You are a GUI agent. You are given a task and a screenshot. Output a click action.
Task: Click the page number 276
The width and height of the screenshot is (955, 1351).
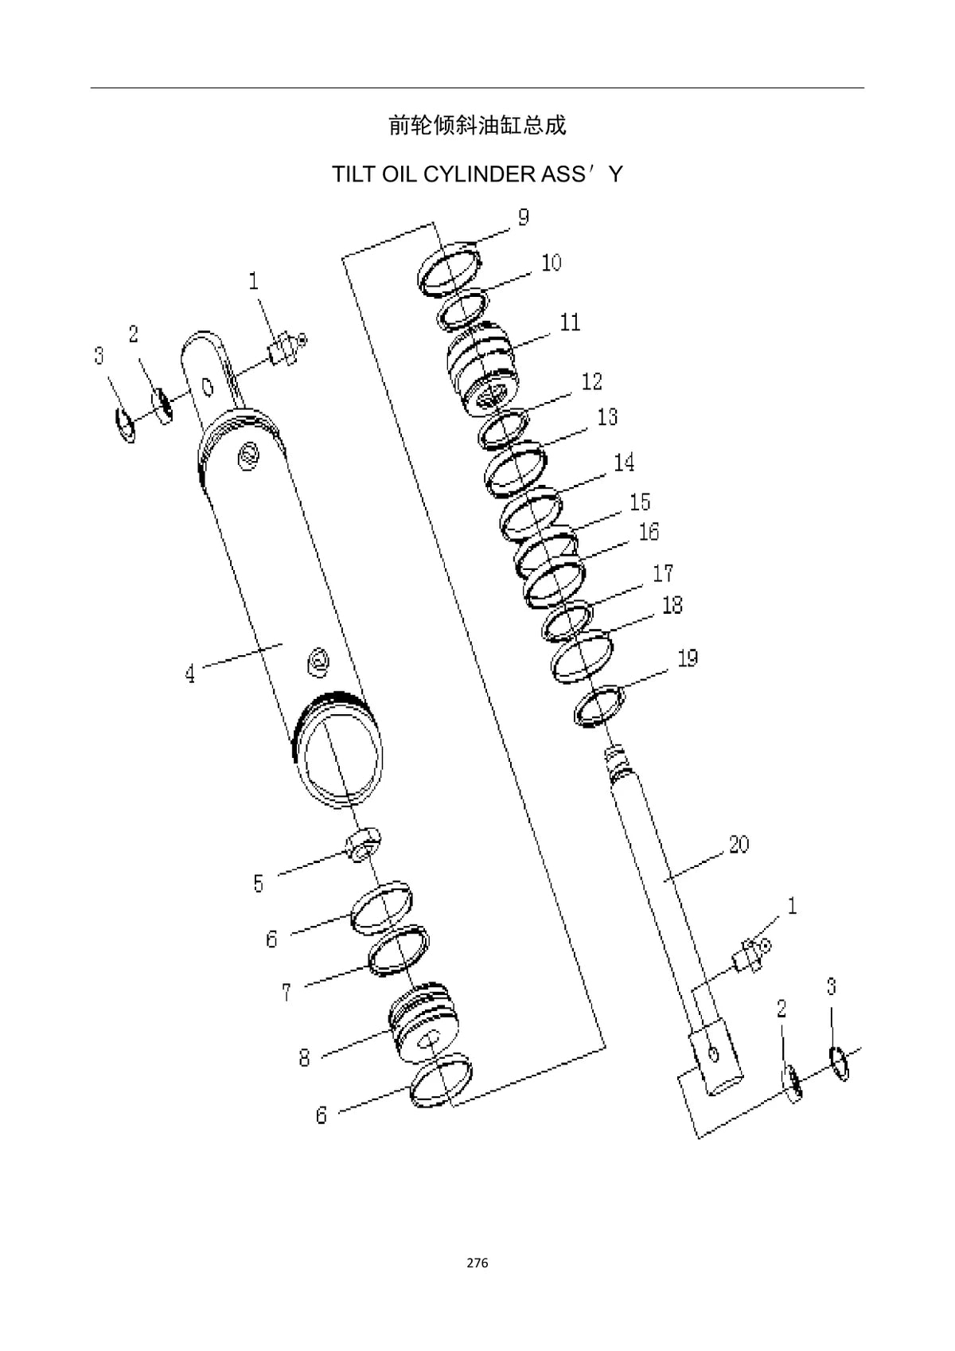(477, 1263)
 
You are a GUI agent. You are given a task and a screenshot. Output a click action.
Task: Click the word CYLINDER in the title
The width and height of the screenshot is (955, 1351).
(479, 174)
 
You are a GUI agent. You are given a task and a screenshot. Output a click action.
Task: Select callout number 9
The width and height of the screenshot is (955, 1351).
(524, 217)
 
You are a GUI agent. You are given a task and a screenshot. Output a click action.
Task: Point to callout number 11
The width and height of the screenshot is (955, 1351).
(571, 322)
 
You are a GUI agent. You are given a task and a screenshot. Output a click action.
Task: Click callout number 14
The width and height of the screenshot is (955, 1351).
(624, 463)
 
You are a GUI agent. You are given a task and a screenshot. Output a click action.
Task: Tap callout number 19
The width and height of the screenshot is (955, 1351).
(688, 658)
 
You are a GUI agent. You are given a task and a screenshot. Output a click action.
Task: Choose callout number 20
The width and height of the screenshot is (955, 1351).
(739, 844)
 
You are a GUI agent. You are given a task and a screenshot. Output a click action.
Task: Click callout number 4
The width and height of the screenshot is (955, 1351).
(190, 674)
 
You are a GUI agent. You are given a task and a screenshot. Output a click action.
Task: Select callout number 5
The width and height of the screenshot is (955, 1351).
(259, 884)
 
